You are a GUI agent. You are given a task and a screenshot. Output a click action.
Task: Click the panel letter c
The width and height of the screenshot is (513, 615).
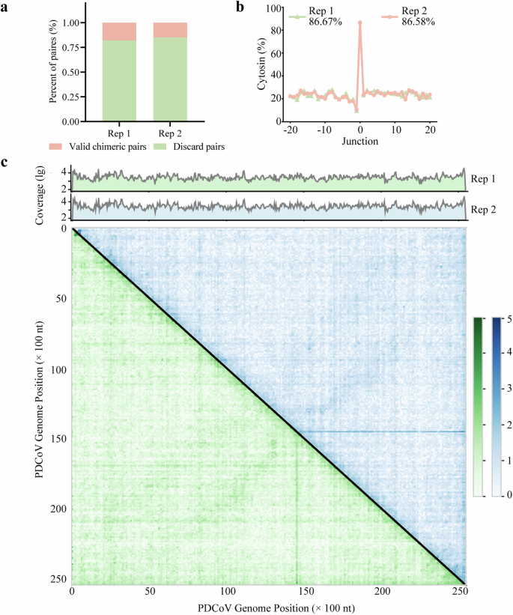tap(6, 162)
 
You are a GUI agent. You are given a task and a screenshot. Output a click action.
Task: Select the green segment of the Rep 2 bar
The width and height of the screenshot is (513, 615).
tap(169, 79)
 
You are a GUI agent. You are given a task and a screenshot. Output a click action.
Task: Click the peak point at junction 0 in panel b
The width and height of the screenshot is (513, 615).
tap(360, 22)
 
